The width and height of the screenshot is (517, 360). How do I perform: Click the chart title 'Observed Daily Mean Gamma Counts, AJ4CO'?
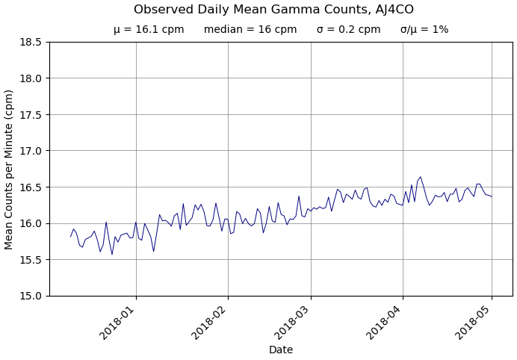(x=273, y=10)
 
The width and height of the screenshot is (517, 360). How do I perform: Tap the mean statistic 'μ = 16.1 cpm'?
(x=149, y=30)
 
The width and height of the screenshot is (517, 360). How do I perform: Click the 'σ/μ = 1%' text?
(x=424, y=30)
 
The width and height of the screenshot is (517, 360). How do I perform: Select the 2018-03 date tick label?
(x=294, y=322)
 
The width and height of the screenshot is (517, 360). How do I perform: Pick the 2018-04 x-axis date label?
(x=386, y=322)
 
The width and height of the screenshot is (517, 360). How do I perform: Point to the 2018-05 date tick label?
(x=475, y=322)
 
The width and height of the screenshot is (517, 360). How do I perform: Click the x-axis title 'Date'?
(x=281, y=350)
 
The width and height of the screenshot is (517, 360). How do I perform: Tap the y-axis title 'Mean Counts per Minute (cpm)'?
(x=10, y=169)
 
